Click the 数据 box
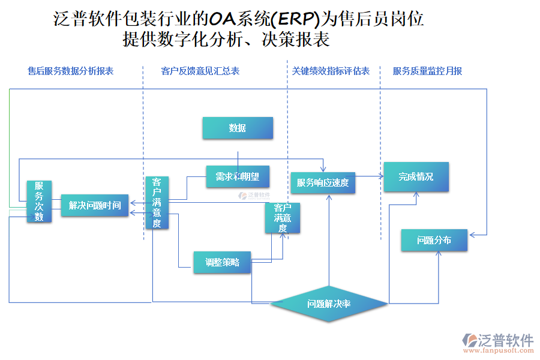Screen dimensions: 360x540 point(238,128)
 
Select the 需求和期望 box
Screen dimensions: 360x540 point(238,176)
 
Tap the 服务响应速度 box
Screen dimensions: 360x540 point(323,182)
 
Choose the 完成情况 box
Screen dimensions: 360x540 point(416,177)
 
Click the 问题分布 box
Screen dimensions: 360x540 point(434,240)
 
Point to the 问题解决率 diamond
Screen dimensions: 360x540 point(329,304)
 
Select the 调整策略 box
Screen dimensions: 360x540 point(222,262)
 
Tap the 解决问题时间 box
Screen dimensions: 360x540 point(95,205)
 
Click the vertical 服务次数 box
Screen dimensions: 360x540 point(39,202)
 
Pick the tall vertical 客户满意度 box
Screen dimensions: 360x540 point(157,203)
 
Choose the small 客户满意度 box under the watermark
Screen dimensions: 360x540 point(283,218)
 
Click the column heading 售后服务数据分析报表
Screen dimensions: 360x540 point(71,71)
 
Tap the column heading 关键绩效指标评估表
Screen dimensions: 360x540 point(331,71)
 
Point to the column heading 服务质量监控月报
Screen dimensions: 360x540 point(427,71)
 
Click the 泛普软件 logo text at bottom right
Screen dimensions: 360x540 point(505,340)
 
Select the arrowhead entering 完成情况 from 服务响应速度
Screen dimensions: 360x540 point(381,176)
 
